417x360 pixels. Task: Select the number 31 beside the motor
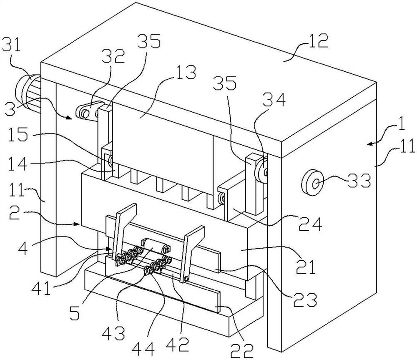pos(11,45)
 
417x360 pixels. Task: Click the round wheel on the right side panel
pos(313,183)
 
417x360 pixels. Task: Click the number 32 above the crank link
pos(115,55)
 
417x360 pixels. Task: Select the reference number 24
pos(310,224)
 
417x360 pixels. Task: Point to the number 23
pos(305,300)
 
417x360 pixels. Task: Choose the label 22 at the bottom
pos(242,351)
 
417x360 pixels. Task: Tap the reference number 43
pos(113,332)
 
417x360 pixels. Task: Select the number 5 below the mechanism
pos(75,312)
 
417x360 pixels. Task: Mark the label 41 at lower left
pos(41,288)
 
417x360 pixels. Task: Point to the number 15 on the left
pos(18,135)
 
